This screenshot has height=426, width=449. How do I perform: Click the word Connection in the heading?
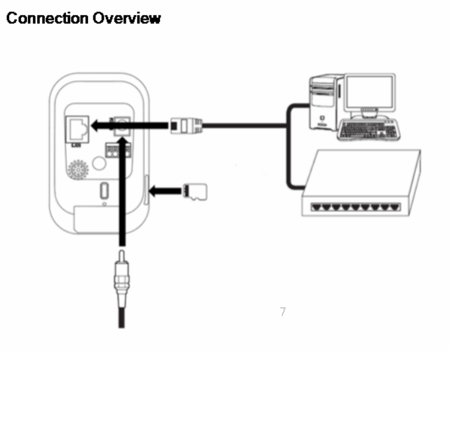[x=46, y=18]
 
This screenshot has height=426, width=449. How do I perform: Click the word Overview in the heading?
[x=126, y=18]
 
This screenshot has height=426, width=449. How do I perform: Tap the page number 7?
[x=283, y=311]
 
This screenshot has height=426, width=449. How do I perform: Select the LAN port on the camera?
[x=77, y=126]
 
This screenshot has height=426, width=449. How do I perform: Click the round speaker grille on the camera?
[x=76, y=169]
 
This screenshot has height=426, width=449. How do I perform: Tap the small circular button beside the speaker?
[x=100, y=160]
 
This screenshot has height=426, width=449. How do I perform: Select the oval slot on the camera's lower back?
[x=104, y=190]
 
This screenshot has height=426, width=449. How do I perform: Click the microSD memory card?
[x=195, y=190]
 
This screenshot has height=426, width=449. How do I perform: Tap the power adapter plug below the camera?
[x=120, y=274]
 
